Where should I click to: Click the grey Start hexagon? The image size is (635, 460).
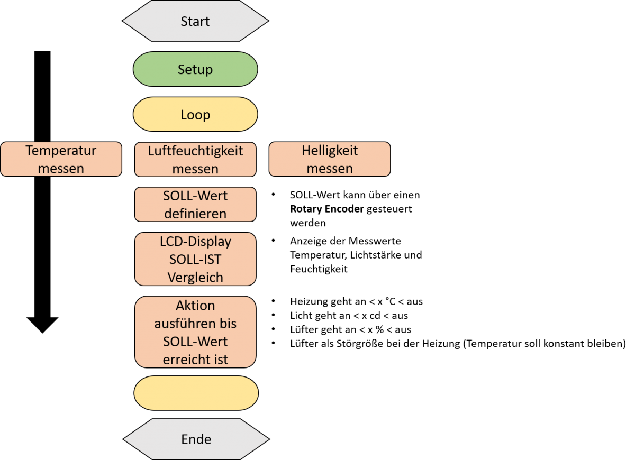[195, 22]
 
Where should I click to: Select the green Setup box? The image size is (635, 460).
[195, 69]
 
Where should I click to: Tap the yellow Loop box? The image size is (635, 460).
[195, 115]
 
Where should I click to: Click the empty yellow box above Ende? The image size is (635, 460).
[196, 393]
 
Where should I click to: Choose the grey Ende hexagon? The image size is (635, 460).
[196, 439]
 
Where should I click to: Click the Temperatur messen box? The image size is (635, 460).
[61, 159]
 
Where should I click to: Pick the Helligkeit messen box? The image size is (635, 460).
[330, 159]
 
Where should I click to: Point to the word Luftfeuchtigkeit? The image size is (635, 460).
[195, 151]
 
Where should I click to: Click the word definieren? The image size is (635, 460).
[195, 214]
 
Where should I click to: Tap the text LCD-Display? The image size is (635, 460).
[195, 242]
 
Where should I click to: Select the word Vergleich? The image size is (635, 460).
[195, 278]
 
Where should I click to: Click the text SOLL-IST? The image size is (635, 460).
[195, 260]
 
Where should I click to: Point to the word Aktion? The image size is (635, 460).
[195, 306]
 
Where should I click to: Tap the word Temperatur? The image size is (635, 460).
[61, 151]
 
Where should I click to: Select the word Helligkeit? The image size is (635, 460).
[330, 151]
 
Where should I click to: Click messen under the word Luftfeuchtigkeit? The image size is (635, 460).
[195, 169]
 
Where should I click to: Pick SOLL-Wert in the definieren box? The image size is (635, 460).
[195, 196]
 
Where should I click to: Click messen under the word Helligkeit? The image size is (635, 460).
[330, 169]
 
